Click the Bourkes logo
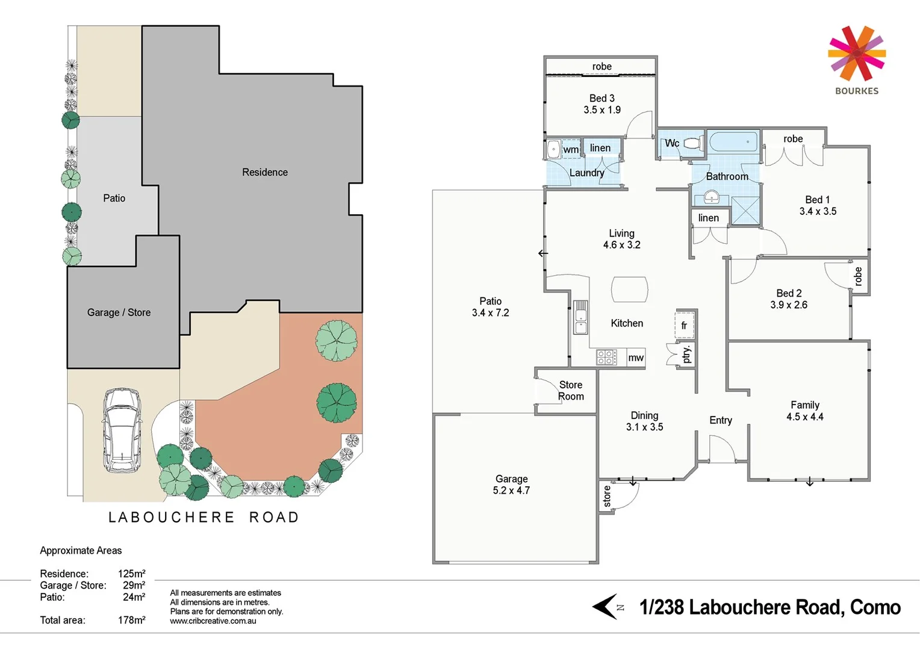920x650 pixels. pos(856,60)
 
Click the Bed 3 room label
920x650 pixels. pos(601,104)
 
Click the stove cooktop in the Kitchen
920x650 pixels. pos(606,357)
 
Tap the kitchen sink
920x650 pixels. pos(580,317)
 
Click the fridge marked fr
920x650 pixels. pos(685,325)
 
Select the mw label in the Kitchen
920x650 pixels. pos(636,357)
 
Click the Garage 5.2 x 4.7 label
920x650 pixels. pos(511,484)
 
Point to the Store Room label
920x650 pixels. pos(571,390)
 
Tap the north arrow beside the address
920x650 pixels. pos(606,607)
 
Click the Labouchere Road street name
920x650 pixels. pos(204,518)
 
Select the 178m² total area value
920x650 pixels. pos(131,620)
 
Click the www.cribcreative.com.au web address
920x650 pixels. pos(213,621)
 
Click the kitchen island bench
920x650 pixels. pos(630,289)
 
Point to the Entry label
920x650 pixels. pos(720,420)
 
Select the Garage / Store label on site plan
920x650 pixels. pos(119,312)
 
